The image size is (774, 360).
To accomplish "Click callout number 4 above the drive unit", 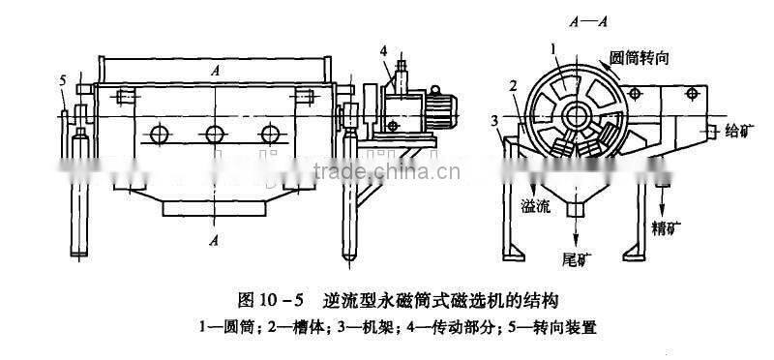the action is pos(384,50).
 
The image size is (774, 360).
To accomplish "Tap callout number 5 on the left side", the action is pos(63,80).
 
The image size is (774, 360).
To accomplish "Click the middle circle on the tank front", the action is pos(210,134).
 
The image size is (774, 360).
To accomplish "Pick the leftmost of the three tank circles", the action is pos(155,134).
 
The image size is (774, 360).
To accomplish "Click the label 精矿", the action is pos(665,230).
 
